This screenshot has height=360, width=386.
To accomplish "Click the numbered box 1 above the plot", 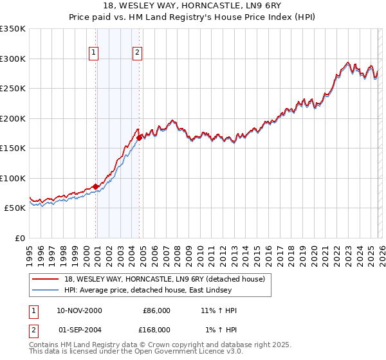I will (94, 53).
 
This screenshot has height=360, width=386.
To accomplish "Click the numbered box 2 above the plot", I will (138, 53).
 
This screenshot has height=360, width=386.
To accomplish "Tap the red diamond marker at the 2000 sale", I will (96, 186).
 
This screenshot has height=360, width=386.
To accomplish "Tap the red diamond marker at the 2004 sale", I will (140, 137).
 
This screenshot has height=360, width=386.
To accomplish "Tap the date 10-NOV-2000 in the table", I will (79, 310).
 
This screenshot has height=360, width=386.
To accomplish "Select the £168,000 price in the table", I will (156, 329).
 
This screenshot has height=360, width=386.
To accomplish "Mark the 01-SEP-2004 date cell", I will (79, 329).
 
